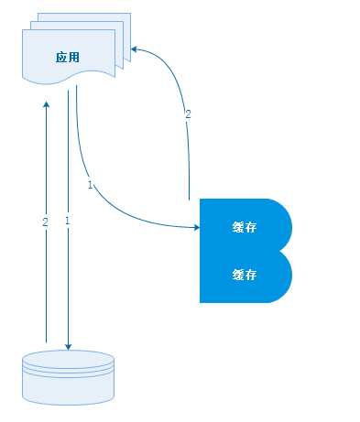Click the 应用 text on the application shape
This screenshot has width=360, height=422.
(67, 57)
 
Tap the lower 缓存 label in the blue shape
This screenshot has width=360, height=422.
(244, 274)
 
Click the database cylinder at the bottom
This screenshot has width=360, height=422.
(68, 376)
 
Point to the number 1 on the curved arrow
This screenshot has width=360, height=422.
(90, 185)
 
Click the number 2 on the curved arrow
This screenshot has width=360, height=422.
(188, 114)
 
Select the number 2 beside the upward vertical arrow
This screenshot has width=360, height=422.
(45, 222)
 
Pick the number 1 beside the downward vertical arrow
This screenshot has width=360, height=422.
(67, 222)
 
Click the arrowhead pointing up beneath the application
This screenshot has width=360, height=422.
(46, 105)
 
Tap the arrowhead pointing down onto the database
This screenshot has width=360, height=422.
(68, 345)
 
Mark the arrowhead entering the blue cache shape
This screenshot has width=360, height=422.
(195, 226)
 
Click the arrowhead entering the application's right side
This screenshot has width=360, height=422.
(135, 48)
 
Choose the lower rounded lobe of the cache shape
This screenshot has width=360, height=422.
(278, 276)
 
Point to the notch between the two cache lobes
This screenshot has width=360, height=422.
(284, 250)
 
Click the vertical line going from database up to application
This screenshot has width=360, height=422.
(46, 275)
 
